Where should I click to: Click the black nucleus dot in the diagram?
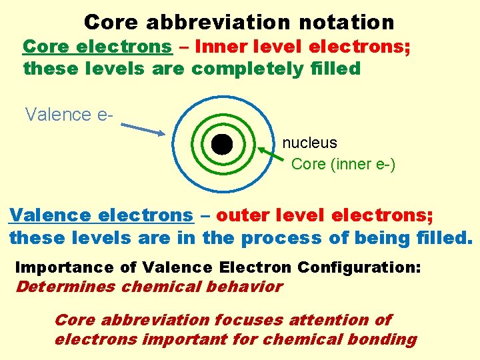click(221, 144)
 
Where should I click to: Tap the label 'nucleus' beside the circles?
click(309, 143)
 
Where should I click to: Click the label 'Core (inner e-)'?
click(343, 164)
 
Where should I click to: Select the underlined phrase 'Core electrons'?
click(97, 47)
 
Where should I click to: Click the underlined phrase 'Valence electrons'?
click(101, 216)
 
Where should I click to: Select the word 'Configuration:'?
click(359, 268)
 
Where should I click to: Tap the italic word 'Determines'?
click(65, 287)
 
